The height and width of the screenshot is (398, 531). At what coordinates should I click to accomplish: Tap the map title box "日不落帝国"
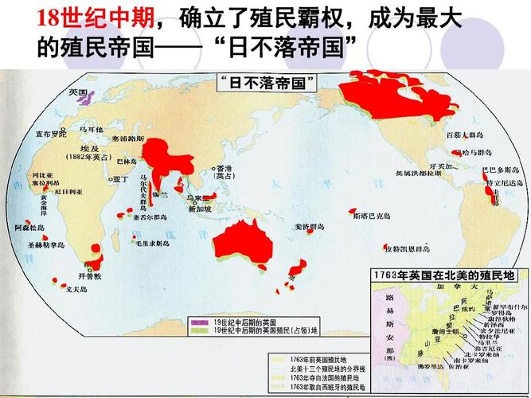[268, 82]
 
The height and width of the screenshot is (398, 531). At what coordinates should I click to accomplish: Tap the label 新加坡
[200, 209]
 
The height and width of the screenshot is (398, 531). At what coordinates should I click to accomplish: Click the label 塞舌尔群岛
[150, 217]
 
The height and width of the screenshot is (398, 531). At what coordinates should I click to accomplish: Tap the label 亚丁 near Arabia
[121, 179]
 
